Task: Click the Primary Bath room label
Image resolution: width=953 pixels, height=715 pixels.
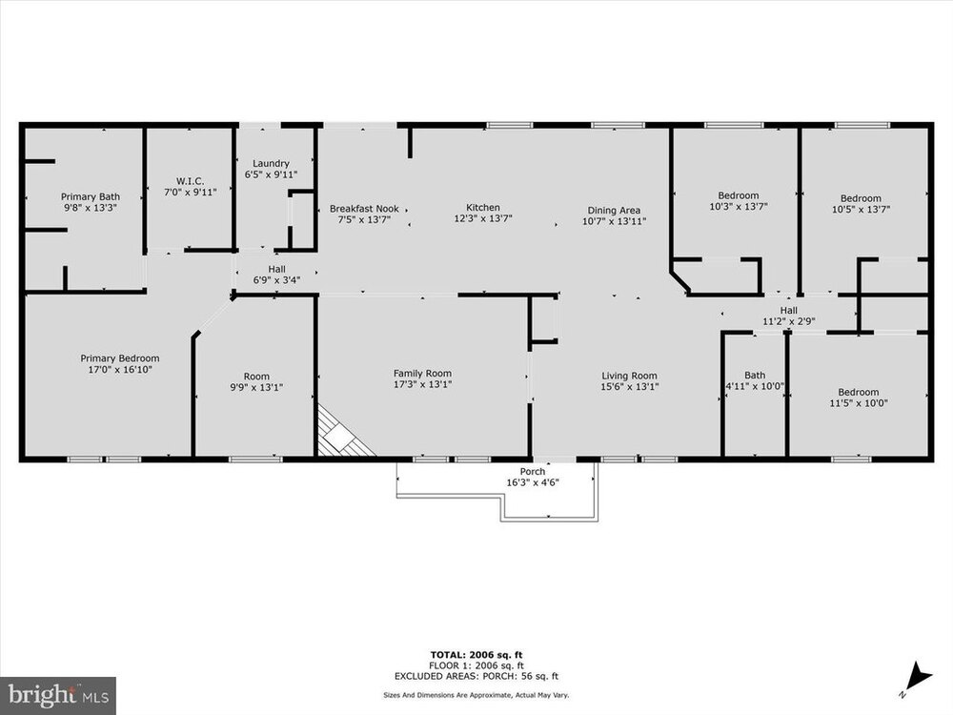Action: click(x=90, y=202)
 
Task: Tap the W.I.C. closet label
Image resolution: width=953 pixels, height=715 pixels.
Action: click(x=191, y=186)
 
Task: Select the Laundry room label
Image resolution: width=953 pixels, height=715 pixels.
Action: click(x=271, y=169)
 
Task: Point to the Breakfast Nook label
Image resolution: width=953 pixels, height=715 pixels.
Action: click(x=364, y=214)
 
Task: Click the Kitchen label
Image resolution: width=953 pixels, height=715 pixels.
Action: click(x=483, y=213)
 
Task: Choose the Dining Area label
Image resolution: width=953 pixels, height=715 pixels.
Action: click(x=614, y=215)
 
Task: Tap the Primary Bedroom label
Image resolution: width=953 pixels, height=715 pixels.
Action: click(x=120, y=363)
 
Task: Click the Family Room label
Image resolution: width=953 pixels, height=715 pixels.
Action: click(x=422, y=378)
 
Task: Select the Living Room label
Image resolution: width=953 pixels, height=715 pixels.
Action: click(x=630, y=381)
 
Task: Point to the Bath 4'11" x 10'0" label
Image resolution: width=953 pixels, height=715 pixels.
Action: click(x=755, y=380)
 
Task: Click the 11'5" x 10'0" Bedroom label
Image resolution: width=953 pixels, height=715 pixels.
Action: click(x=859, y=398)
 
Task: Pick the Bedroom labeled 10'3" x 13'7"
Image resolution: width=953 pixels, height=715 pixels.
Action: click(x=739, y=200)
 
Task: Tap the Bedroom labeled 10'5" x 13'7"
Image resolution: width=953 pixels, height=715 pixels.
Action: click(x=861, y=204)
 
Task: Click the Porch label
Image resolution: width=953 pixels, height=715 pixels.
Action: click(x=533, y=477)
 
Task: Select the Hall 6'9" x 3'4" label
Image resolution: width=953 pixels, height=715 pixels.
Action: click(x=276, y=275)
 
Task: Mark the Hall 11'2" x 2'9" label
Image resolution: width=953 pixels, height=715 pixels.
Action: click(x=789, y=316)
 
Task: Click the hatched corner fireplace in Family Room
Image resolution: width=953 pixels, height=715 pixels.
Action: click(x=340, y=435)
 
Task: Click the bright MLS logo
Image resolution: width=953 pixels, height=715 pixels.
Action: click(x=58, y=694)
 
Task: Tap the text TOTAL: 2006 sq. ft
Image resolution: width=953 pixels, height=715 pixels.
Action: click(x=476, y=655)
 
